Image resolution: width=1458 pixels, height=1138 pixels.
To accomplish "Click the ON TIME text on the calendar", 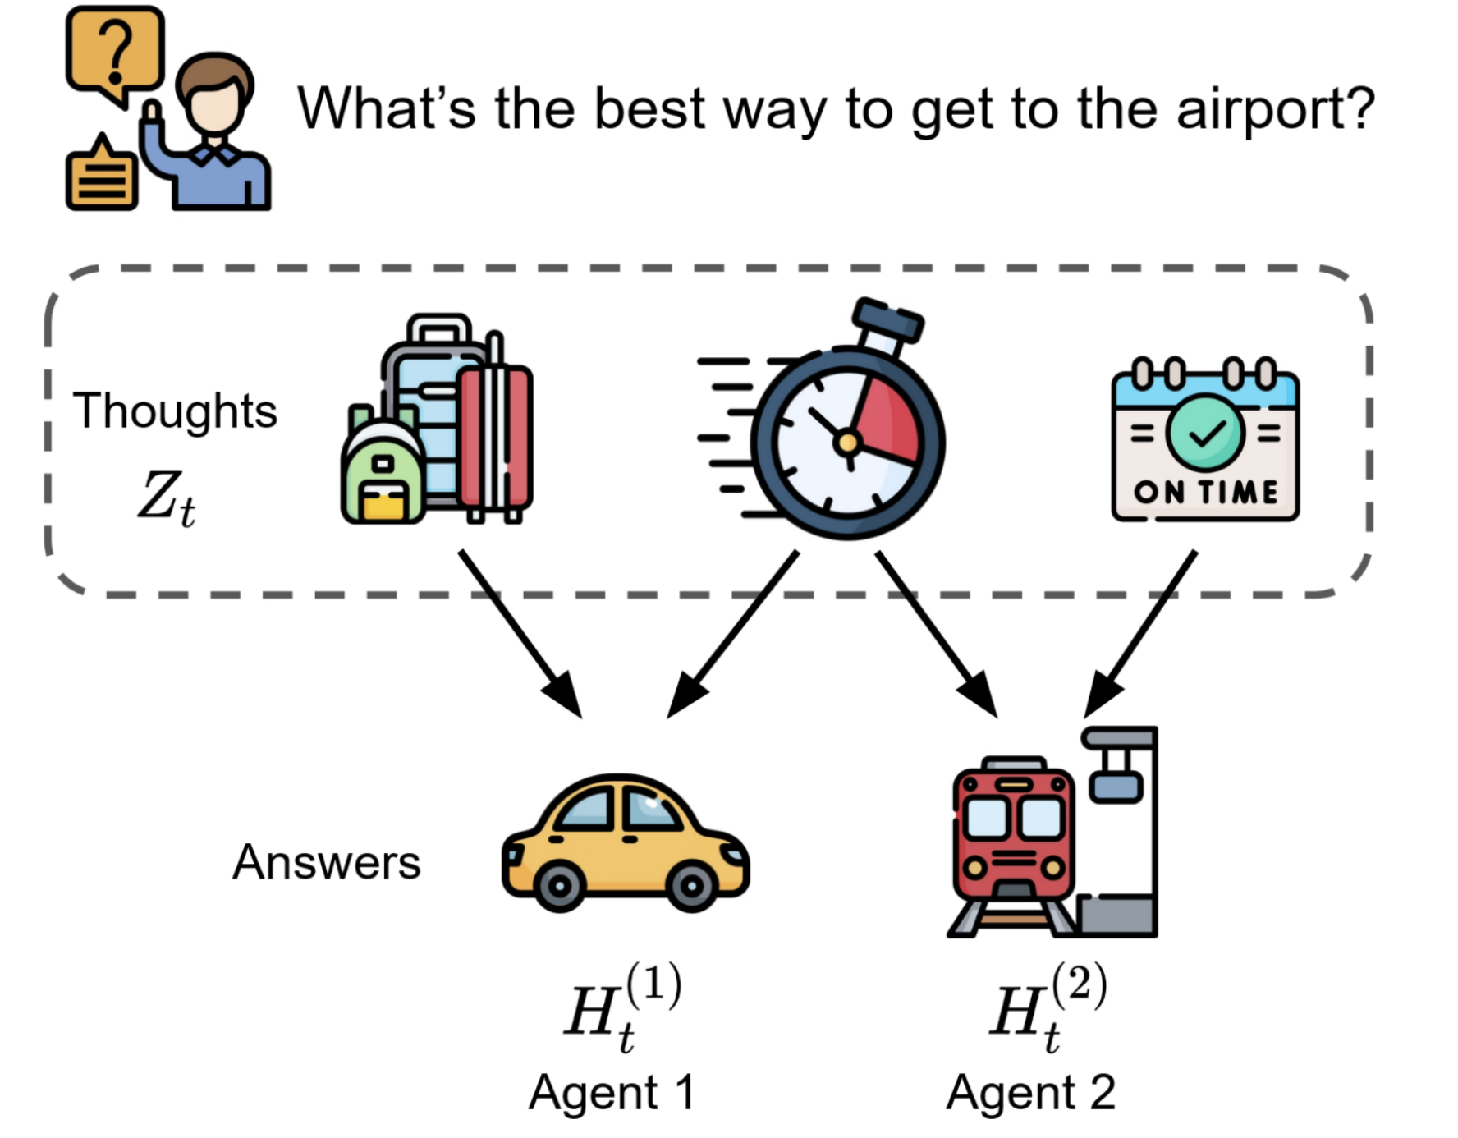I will (1205, 492).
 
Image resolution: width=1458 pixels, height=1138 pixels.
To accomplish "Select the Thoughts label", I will (175, 411).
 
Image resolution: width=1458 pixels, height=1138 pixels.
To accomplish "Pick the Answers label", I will (326, 862).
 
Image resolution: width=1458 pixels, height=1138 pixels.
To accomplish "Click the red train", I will (1014, 837).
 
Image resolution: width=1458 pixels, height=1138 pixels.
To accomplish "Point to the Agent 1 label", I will (612, 1093).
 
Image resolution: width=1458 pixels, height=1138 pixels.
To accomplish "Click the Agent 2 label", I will (1030, 1093).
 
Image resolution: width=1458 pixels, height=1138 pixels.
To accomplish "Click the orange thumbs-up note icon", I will (101, 174).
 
